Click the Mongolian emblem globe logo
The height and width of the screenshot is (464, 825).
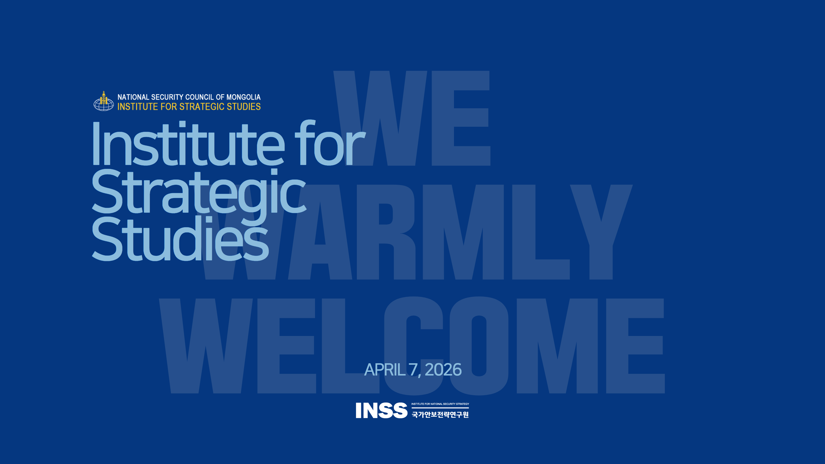[x=103, y=101]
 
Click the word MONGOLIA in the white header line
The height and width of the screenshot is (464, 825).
[x=243, y=97]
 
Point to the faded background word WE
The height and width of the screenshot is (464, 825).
[x=412, y=118]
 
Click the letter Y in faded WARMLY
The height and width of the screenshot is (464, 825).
[x=601, y=232]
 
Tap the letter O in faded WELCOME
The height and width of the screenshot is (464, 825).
[x=478, y=346]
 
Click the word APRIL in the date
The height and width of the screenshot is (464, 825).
[x=385, y=370]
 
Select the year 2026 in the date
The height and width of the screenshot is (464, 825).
[x=443, y=370]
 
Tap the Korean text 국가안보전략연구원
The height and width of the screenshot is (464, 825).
[x=440, y=415]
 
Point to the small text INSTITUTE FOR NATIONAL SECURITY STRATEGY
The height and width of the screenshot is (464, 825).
[x=440, y=404]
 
